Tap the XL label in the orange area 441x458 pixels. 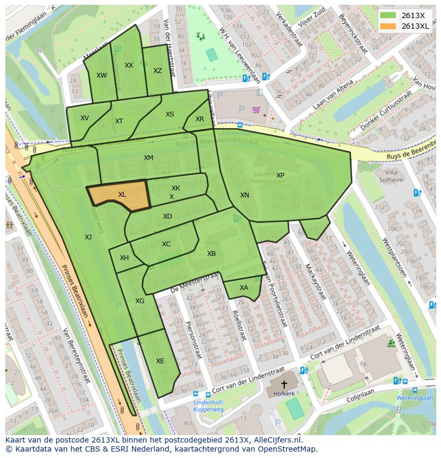[x=122, y=195]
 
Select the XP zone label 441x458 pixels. [x=280, y=176]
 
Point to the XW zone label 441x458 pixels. [x=101, y=76]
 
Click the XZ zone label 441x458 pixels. [x=158, y=71]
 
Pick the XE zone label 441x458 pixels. [x=160, y=361]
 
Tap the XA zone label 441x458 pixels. [x=243, y=288]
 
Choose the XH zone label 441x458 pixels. [x=124, y=258]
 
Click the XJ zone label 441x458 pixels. [x=88, y=237]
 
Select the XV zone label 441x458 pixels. [x=85, y=118]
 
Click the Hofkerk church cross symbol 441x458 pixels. [x=284, y=384]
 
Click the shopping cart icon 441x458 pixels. [x=257, y=110]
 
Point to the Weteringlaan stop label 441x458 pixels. [x=414, y=397]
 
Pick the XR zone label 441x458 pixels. [x=199, y=119]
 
